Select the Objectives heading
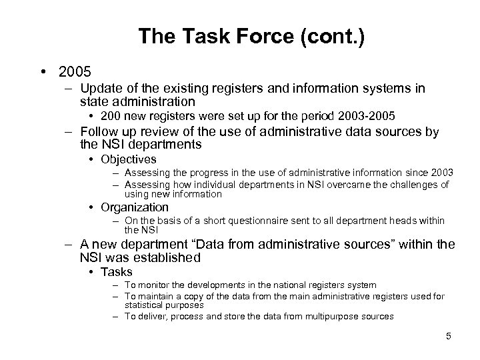(128, 159)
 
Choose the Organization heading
(135, 207)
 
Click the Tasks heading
(116, 271)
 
